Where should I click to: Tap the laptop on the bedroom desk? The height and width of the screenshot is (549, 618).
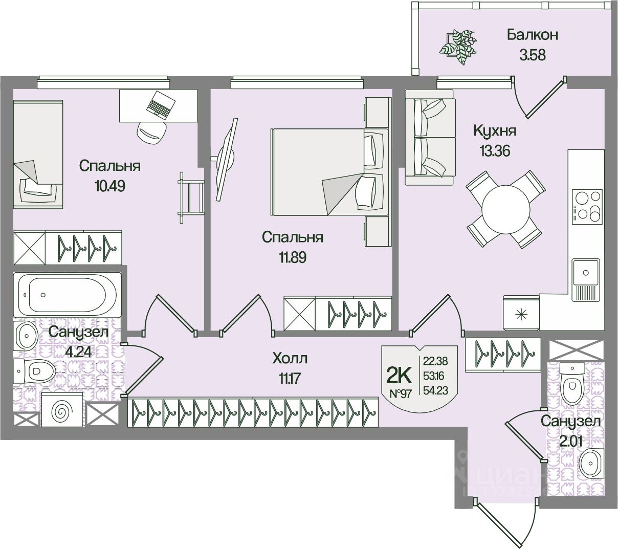point(160,105)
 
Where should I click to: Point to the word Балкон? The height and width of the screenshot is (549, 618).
point(532,35)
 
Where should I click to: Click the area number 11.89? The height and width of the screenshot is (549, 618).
point(292,257)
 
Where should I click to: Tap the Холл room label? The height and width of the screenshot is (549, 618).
point(291,358)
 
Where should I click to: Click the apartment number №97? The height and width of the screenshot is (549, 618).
point(401,394)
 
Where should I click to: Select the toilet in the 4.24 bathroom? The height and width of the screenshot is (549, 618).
point(37,369)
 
